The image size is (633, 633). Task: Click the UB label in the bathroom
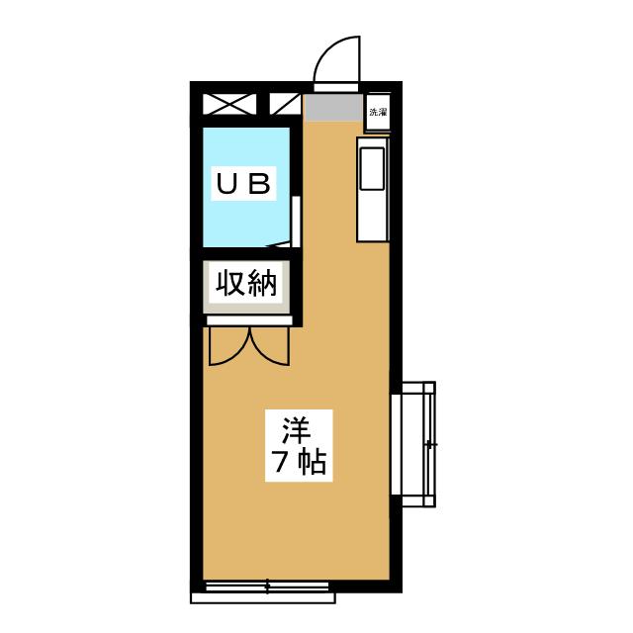coord(244,184)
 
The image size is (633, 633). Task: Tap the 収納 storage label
coord(246,283)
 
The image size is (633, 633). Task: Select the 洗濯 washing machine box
coord(378,112)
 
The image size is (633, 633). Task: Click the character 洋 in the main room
coord(297,429)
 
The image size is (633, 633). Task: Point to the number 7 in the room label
coord(281,463)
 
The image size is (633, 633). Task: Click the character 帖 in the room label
coord(313,463)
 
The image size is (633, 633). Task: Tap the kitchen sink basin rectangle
coord(372,168)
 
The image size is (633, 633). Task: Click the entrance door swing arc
coord(336,59)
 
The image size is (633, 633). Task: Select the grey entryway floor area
coord(333,107)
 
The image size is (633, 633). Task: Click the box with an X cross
coord(229,104)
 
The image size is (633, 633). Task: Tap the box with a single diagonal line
coord(285,104)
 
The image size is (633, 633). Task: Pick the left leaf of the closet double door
coord(229,346)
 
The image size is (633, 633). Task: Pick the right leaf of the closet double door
coord(270,346)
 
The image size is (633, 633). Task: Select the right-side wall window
coord(413,444)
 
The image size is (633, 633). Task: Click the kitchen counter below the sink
coord(372,217)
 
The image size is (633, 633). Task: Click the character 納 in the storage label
coord(262,283)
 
